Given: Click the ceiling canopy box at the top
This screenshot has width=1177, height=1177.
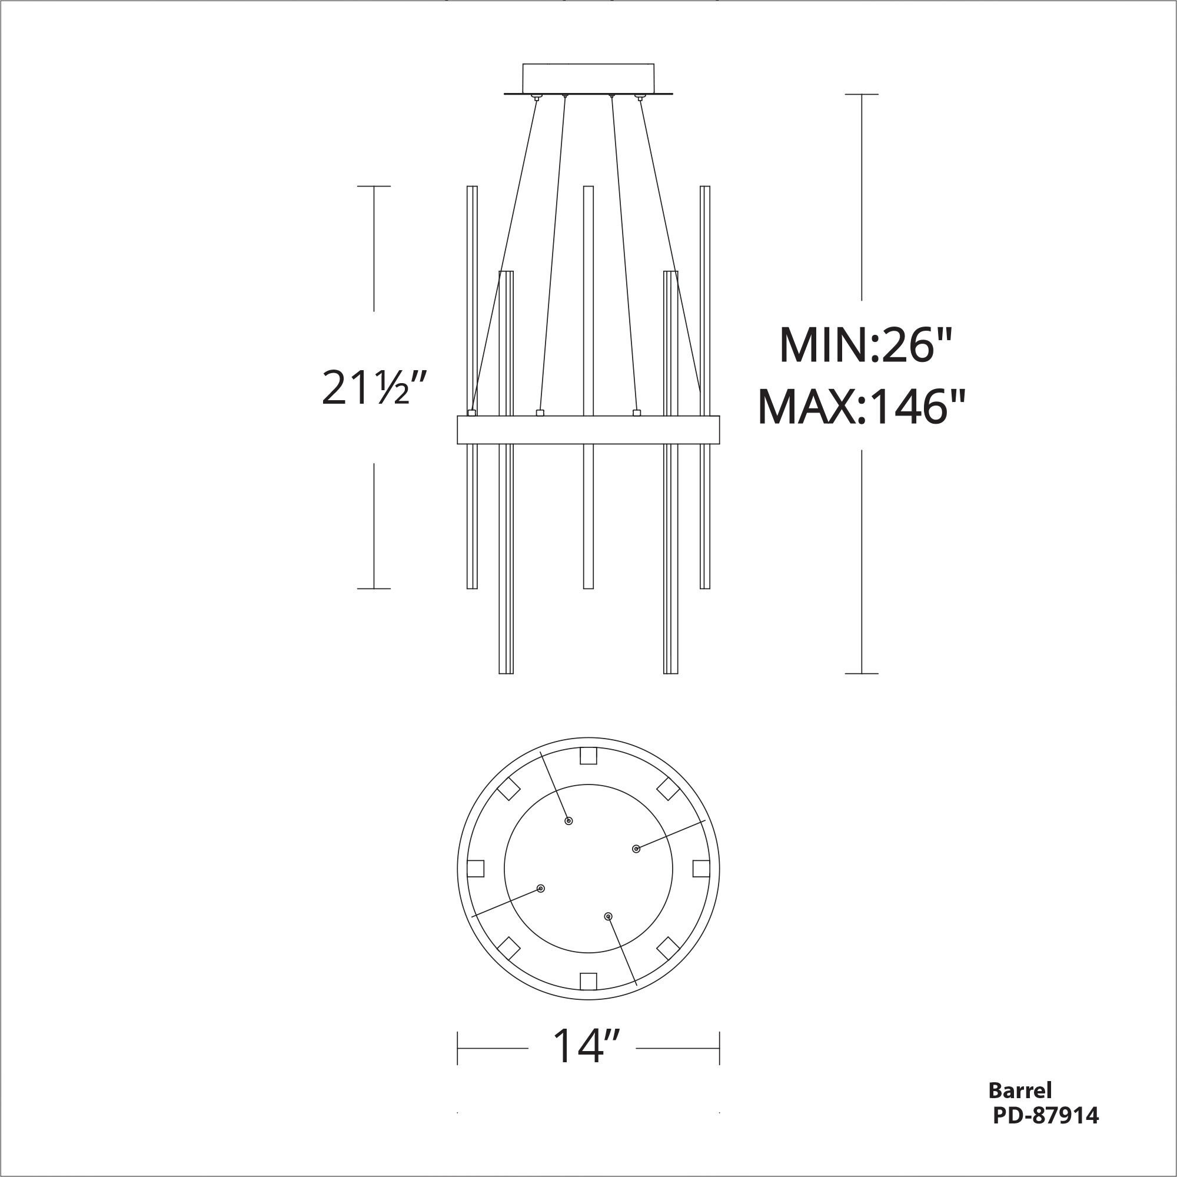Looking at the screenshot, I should click(588, 77).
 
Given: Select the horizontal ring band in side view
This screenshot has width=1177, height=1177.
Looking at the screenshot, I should click(588, 430).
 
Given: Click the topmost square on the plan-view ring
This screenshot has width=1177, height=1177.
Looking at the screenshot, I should click(588, 756).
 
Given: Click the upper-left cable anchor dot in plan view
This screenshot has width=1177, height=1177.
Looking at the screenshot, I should click(568, 821).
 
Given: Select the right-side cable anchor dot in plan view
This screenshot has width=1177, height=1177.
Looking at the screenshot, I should click(636, 849).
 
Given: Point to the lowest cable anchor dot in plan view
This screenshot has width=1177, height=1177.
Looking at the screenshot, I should click(607, 916).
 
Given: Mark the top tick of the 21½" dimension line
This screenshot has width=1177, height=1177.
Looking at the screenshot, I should click(374, 187).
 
